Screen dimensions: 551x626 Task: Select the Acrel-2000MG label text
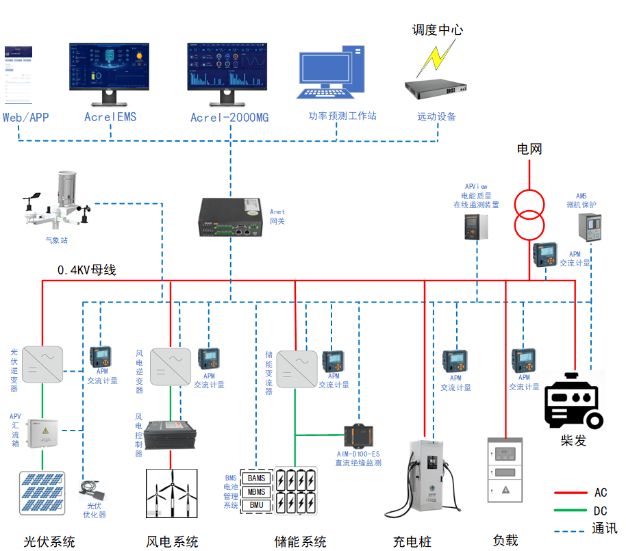tap(229, 118)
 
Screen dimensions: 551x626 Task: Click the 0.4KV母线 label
tap(86, 270)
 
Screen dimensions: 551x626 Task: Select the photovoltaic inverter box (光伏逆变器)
tap(42, 363)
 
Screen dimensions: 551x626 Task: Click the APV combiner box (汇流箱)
tap(43, 434)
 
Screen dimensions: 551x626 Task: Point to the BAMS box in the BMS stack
tap(257, 478)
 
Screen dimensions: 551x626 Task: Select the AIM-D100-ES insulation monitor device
tap(358, 435)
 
